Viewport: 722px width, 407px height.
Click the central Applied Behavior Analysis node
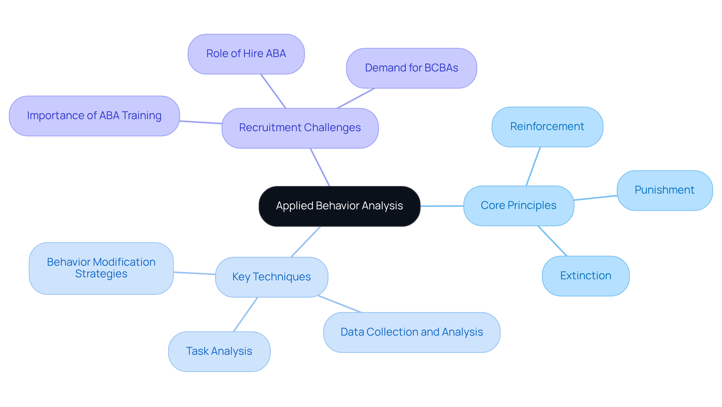tap(339, 206)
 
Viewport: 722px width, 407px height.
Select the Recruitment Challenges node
tap(300, 128)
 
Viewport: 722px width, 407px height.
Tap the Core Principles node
tap(518, 206)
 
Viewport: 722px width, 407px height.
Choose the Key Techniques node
tap(271, 277)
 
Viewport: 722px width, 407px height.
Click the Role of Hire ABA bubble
tap(246, 54)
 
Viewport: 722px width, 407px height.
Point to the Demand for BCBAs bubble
tap(411, 68)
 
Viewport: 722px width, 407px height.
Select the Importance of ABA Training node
tap(94, 116)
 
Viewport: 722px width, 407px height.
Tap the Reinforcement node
tap(547, 127)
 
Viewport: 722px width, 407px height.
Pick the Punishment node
tap(664, 190)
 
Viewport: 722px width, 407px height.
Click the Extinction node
tap(585, 276)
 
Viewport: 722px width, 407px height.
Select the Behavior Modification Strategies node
tap(101, 268)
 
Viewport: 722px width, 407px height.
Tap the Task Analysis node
tap(219, 351)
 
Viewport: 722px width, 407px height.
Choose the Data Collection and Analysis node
tap(411, 332)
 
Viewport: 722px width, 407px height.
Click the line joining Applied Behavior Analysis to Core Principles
tap(442, 206)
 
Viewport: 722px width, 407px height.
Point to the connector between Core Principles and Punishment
tap(595, 198)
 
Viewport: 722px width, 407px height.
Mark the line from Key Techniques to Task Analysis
tap(245, 315)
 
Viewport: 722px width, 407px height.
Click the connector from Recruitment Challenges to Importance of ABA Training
tap(200, 122)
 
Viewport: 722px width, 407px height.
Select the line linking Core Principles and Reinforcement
tap(533, 166)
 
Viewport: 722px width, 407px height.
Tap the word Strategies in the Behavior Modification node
tap(101, 274)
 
